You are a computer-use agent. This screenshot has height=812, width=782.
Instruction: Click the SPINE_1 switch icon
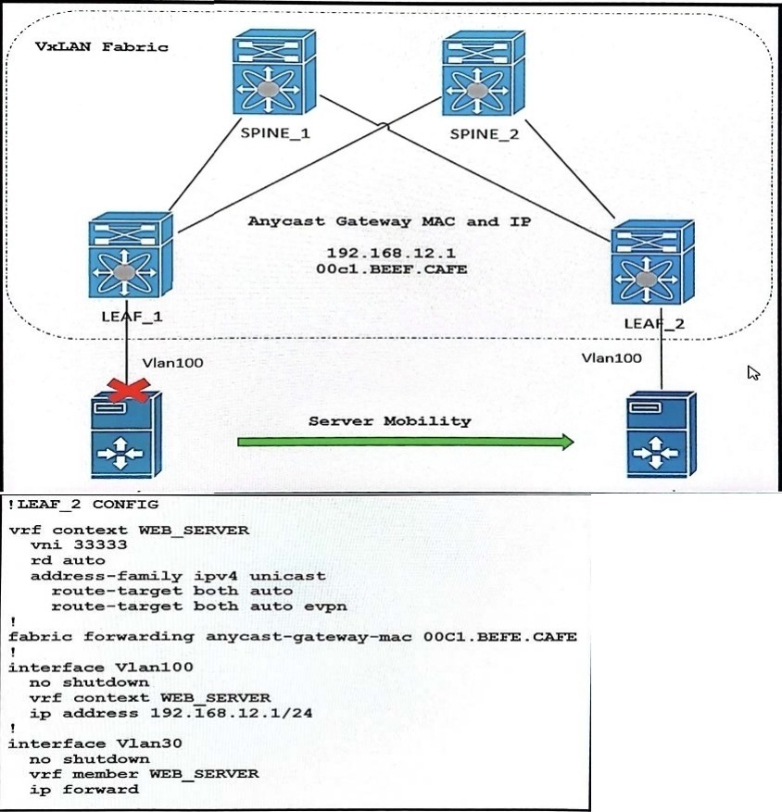[x=274, y=71]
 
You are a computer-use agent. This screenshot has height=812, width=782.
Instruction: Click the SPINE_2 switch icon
[x=484, y=73]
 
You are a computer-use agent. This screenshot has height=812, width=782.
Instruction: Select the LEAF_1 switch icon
[x=131, y=255]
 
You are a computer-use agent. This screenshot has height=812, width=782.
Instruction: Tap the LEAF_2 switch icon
[x=652, y=262]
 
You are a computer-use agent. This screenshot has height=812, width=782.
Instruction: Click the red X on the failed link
[x=128, y=391]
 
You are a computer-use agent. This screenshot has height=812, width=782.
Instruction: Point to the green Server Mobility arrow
[x=406, y=442]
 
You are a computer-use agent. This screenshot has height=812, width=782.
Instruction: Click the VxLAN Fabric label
[x=102, y=47]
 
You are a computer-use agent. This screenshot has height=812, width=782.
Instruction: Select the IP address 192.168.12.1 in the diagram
[x=391, y=253]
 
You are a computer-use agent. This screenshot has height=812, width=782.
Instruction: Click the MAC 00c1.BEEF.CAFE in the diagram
[x=391, y=269]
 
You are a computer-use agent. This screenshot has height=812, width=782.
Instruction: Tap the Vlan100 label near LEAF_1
[x=172, y=363]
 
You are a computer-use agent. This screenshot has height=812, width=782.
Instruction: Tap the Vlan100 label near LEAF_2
[x=612, y=357]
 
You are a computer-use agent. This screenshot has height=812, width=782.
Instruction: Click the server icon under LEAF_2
[x=662, y=434]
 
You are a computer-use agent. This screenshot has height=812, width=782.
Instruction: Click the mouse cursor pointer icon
[x=753, y=373]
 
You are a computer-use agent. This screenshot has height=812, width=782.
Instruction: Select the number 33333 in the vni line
[x=100, y=544]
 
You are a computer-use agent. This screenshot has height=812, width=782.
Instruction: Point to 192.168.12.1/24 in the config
[x=231, y=713]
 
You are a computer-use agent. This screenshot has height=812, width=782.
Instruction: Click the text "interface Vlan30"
[x=95, y=743]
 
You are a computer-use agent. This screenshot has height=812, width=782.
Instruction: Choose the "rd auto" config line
[x=68, y=560]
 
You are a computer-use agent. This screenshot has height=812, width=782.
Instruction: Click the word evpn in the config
[x=325, y=606]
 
